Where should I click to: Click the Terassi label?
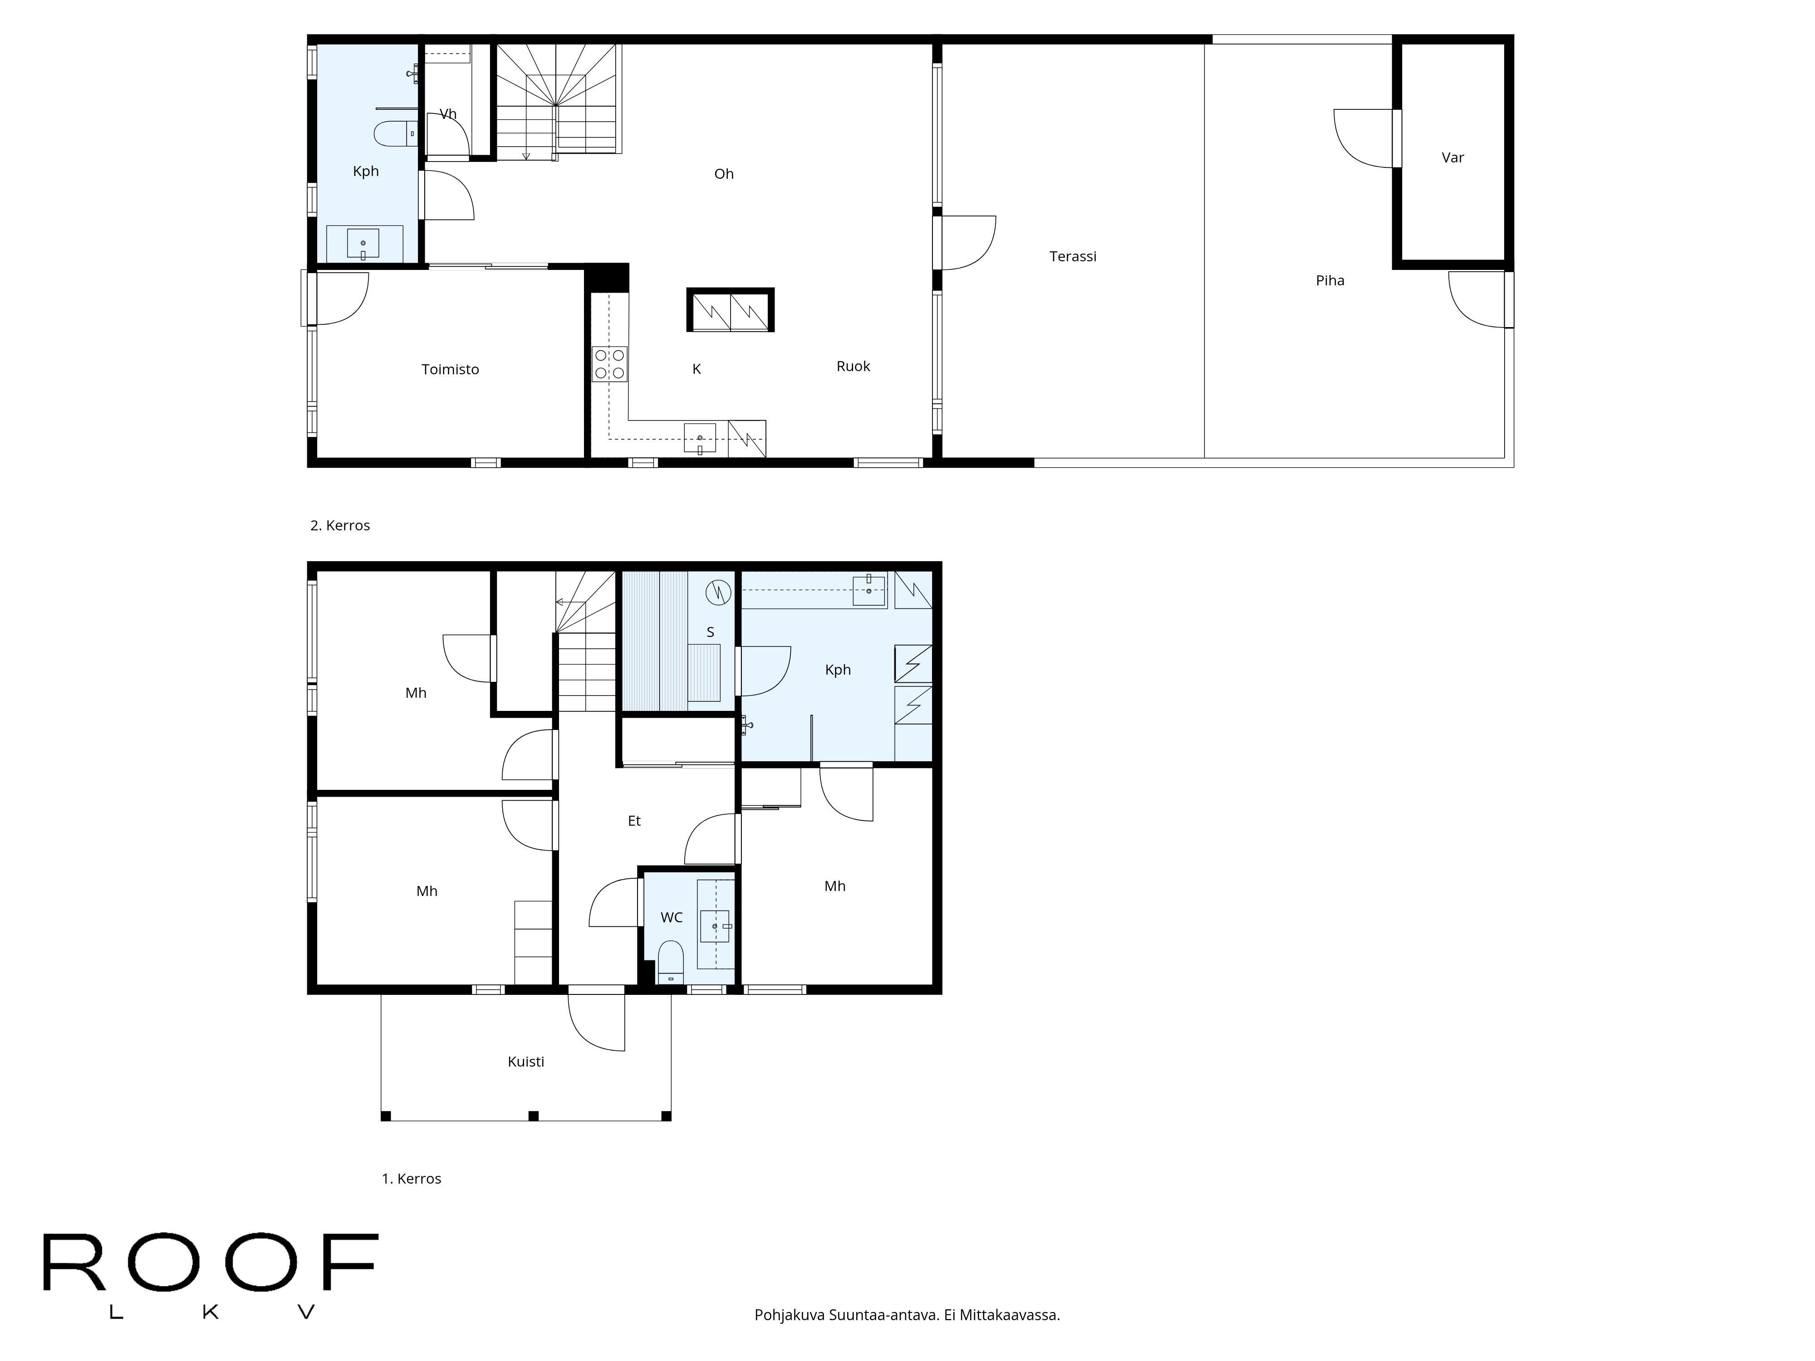1072,257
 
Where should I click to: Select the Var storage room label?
1452,157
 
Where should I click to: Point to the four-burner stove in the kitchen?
610,364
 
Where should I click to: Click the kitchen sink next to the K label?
700,439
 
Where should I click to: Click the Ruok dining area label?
853,367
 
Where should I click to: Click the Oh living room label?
723,174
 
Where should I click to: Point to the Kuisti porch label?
525,1062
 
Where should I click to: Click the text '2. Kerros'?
340,526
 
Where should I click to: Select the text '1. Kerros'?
411,1179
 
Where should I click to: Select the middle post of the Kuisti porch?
533,1116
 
